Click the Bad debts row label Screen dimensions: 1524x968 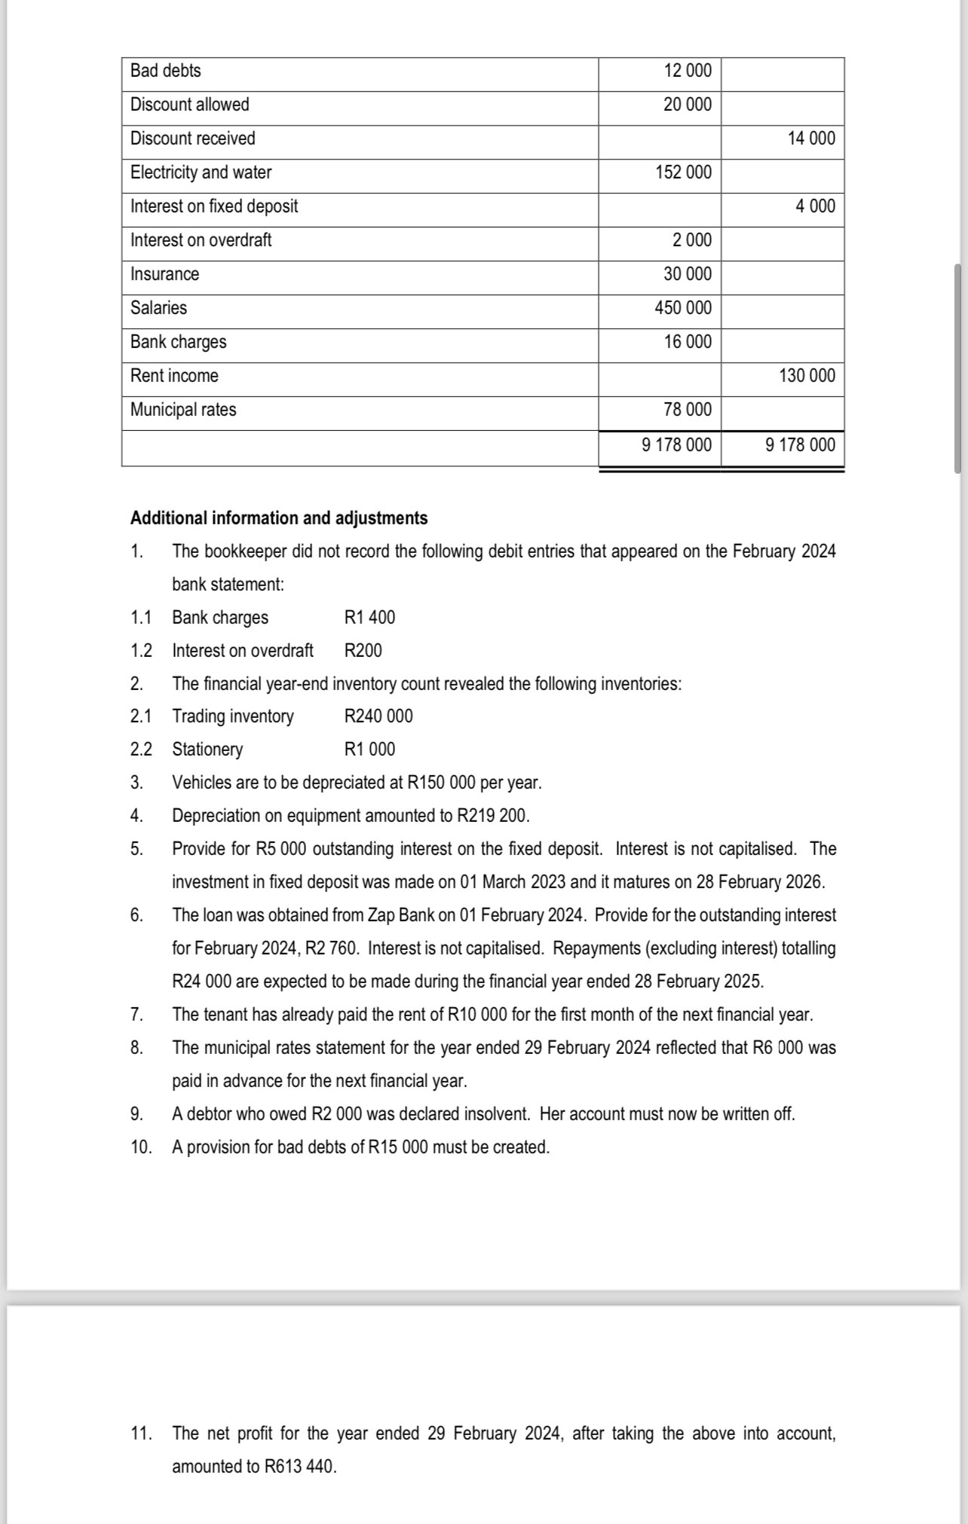(x=166, y=71)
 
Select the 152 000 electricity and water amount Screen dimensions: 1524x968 (x=683, y=173)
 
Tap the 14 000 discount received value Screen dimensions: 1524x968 (x=811, y=139)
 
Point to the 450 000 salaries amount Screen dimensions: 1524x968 (x=683, y=308)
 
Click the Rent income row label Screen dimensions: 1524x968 (x=174, y=376)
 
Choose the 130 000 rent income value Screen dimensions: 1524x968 (x=807, y=376)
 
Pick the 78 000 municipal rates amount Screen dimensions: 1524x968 (x=688, y=410)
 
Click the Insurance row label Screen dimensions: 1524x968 (x=164, y=274)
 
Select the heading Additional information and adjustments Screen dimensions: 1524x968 (x=279, y=518)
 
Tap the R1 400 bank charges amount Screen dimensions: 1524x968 (x=369, y=618)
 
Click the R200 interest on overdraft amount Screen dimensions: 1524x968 (x=363, y=651)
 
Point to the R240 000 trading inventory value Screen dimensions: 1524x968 (x=378, y=716)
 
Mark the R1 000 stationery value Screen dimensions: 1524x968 (x=369, y=750)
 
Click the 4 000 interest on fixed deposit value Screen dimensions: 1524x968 (x=816, y=206)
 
